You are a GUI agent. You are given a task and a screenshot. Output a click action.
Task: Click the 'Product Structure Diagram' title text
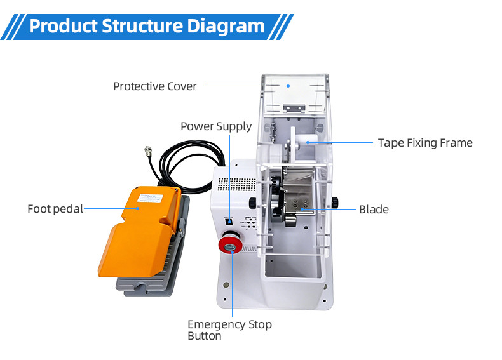(146, 26)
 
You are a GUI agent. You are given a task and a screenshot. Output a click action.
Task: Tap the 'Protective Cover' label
(155, 86)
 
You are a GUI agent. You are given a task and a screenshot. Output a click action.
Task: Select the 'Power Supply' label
(216, 126)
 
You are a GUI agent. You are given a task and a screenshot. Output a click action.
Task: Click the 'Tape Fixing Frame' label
(425, 143)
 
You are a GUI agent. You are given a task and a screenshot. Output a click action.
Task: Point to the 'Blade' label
(374, 209)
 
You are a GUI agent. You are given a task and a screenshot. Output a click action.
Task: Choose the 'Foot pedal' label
(55, 208)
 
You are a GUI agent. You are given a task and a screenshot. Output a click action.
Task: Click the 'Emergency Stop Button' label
(229, 330)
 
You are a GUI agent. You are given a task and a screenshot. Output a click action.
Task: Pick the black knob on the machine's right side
(334, 203)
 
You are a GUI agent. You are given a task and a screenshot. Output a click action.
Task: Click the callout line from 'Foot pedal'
(108, 208)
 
